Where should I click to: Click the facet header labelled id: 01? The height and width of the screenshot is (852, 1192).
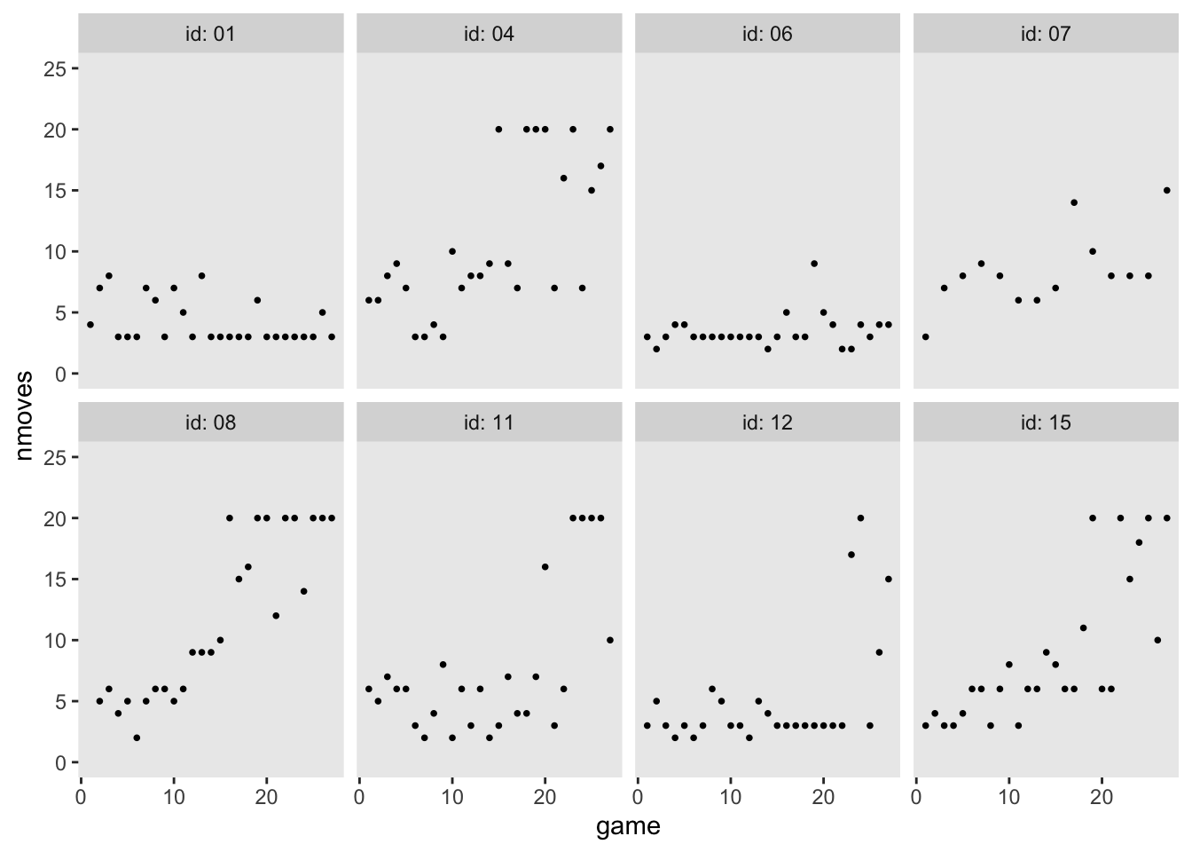click(211, 35)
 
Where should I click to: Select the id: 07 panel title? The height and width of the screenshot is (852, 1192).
click(1046, 35)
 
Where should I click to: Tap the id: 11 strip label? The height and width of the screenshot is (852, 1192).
click(489, 422)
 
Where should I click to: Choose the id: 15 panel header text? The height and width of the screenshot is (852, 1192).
click(1046, 422)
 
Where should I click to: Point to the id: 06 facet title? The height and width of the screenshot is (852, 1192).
click(767, 35)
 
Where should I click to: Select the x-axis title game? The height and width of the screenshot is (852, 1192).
click(628, 827)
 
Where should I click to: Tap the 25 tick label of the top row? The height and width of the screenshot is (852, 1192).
click(55, 68)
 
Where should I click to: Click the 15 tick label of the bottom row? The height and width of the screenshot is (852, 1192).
click(55, 580)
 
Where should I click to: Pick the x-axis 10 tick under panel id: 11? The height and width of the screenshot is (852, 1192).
click(452, 797)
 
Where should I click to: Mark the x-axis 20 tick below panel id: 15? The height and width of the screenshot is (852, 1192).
click(1102, 797)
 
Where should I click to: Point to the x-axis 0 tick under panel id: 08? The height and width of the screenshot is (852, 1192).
click(81, 797)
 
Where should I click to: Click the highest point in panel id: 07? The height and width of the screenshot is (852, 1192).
click(1166, 190)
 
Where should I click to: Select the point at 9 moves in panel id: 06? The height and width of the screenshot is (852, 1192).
click(813, 264)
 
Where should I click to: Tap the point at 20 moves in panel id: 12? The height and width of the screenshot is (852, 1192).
click(860, 518)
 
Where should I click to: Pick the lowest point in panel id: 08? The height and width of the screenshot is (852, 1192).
click(137, 738)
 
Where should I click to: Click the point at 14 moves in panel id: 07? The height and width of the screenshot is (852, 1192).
click(1073, 202)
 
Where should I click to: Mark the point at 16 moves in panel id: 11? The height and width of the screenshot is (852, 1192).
click(545, 567)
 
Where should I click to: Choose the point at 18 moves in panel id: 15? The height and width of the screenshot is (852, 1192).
click(1139, 542)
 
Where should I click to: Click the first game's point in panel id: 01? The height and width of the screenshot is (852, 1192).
click(90, 325)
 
